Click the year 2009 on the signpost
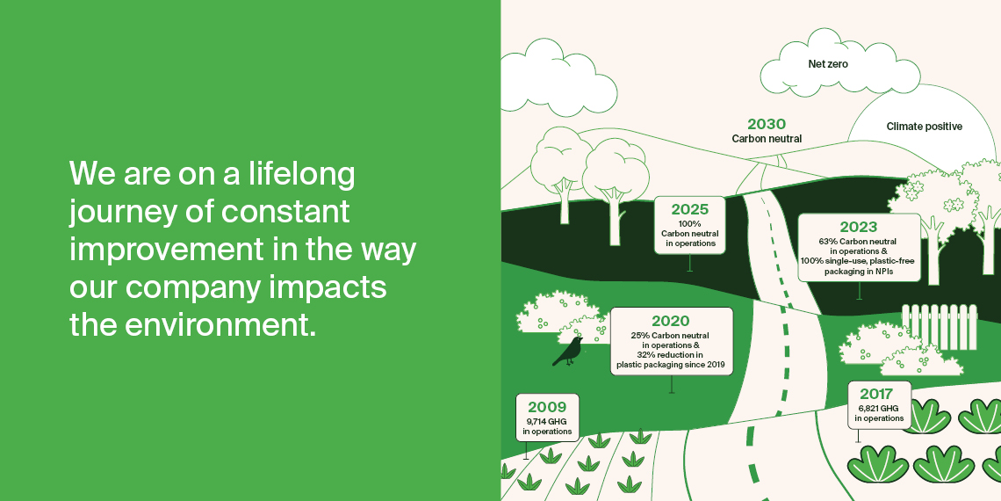547,407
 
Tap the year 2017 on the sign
876,394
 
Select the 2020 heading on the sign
670,321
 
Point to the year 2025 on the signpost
689,209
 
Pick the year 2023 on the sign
859,227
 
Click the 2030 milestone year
767,124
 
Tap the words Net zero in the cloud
828,64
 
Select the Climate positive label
925,127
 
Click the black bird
568,352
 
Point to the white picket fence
939,327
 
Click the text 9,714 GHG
546,422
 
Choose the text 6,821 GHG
878,408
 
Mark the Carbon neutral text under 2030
767,139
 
